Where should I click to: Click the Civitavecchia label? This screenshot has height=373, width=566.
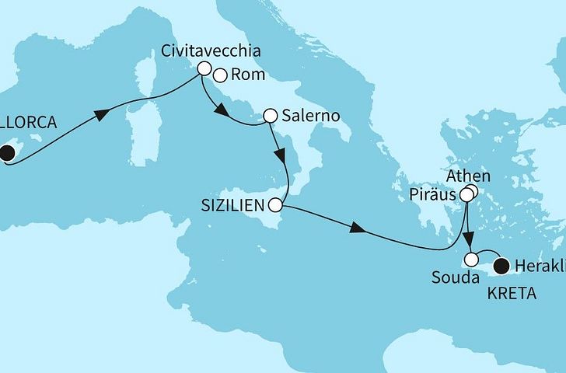pyautogui.click(x=210, y=51)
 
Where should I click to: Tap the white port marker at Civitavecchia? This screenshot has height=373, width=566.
pyautogui.click(x=204, y=68)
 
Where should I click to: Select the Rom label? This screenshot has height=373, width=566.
pyautogui.click(x=246, y=76)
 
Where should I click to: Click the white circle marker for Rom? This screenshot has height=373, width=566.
pyautogui.click(x=220, y=76)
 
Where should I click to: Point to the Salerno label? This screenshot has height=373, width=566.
pyautogui.click(x=309, y=115)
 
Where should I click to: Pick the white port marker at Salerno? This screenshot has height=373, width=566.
pyautogui.click(x=270, y=116)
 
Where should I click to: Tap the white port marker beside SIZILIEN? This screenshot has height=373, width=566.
pyautogui.click(x=275, y=206)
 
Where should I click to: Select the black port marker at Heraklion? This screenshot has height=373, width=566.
pyautogui.click(x=502, y=266)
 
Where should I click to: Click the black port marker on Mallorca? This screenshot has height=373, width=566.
pyautogui.click(x=5, y=152)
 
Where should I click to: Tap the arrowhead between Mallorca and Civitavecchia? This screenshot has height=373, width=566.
pyautogui.click(x=100, y=116)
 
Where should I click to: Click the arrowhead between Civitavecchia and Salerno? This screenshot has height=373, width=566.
pyautogui.click(x=222, y=113)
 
